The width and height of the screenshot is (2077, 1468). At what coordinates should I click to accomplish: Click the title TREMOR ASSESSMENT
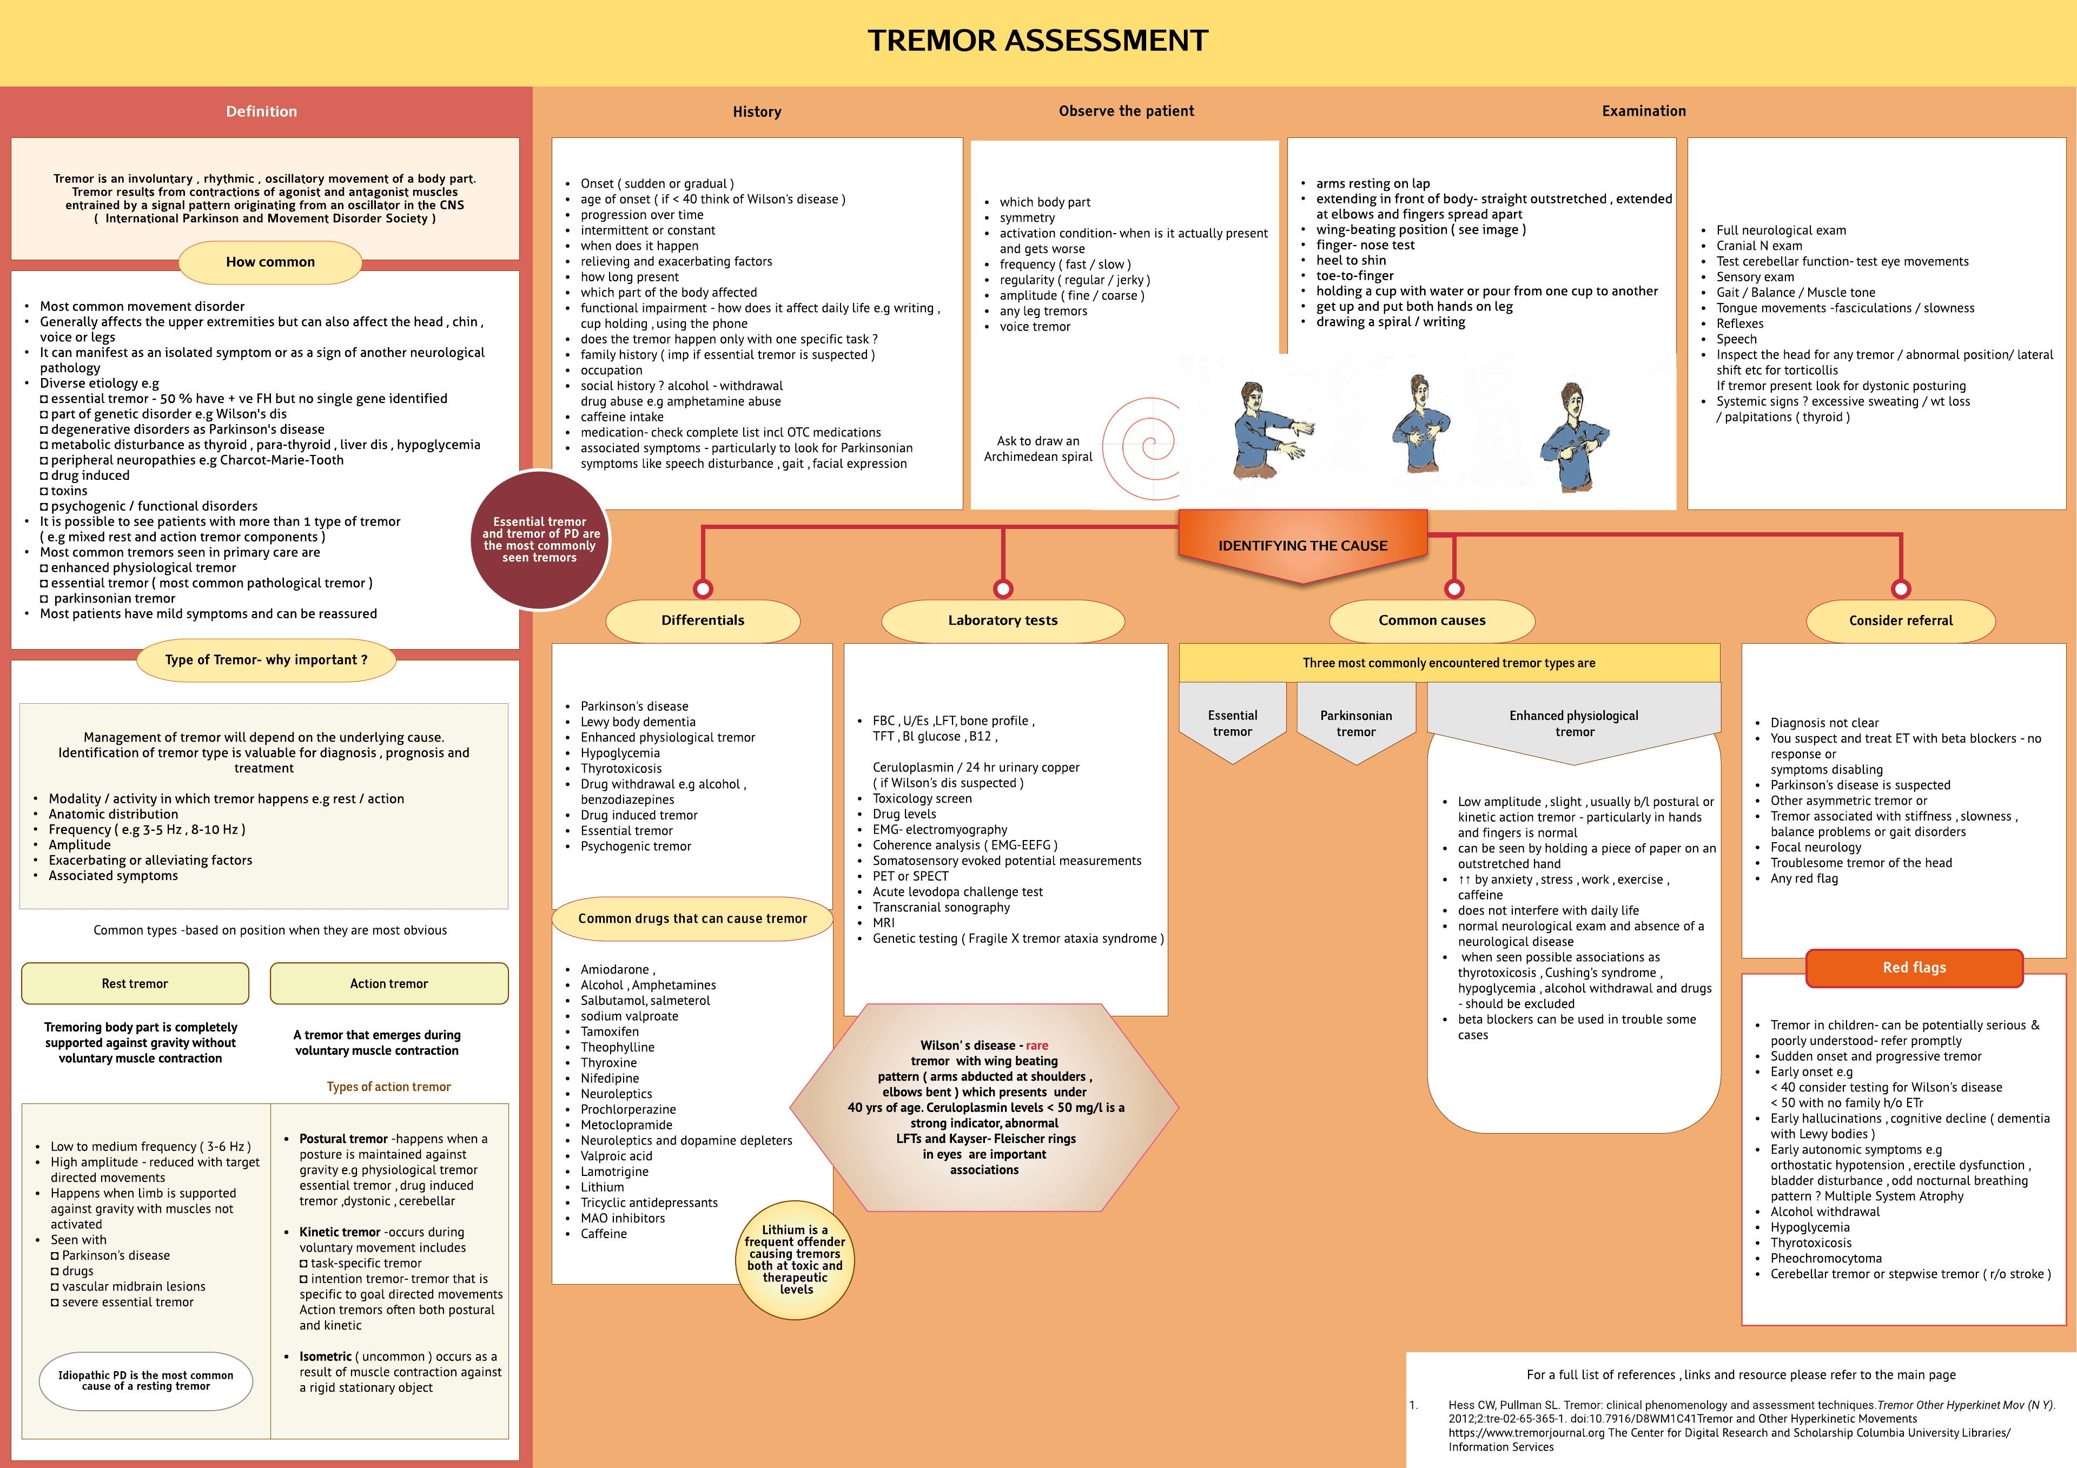(1037, 41)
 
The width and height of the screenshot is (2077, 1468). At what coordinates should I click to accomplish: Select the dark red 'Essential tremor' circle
(540, 540)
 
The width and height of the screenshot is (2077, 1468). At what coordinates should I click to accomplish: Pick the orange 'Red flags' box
(1914, 968)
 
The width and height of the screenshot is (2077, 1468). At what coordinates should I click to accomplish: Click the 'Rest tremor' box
(135, 984)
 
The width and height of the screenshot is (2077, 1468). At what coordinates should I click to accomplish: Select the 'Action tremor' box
(389, 984)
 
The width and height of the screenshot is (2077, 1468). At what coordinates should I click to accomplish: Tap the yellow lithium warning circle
(795, 1260)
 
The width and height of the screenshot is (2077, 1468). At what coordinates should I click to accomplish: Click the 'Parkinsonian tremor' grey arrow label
(1356, 724)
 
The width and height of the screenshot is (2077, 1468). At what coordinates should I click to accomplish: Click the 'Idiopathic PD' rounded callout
(145, 1380)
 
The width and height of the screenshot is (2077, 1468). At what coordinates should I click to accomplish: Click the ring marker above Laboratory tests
(1002, 589)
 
